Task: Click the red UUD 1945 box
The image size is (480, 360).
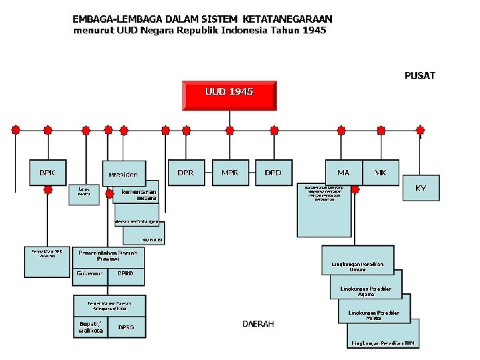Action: coord(229,95)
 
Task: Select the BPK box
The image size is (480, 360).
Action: coord(47,173)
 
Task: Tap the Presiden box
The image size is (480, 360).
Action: coord(123,174)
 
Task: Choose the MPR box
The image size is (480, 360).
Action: coord(230,173)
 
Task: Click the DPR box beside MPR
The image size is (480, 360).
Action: coord(186,173)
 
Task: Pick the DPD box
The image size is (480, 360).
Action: coord(273,173)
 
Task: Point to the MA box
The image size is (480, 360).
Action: coord(343,173)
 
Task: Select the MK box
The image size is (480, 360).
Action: coord(381,173)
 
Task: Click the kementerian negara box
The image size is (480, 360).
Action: coord(139,195)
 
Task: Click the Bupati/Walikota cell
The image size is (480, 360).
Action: coord(90,327)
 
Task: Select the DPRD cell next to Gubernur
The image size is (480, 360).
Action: coord(125,273)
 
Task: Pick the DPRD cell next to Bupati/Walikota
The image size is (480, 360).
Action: coord(126,327)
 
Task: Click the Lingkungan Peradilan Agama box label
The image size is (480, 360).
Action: coord(365,291)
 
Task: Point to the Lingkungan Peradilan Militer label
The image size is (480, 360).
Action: coord(374,315)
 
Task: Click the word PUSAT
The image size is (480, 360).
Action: coord(420,75)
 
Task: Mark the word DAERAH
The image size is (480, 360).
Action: coord(257,323)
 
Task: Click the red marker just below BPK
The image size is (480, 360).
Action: coord(48,189)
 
